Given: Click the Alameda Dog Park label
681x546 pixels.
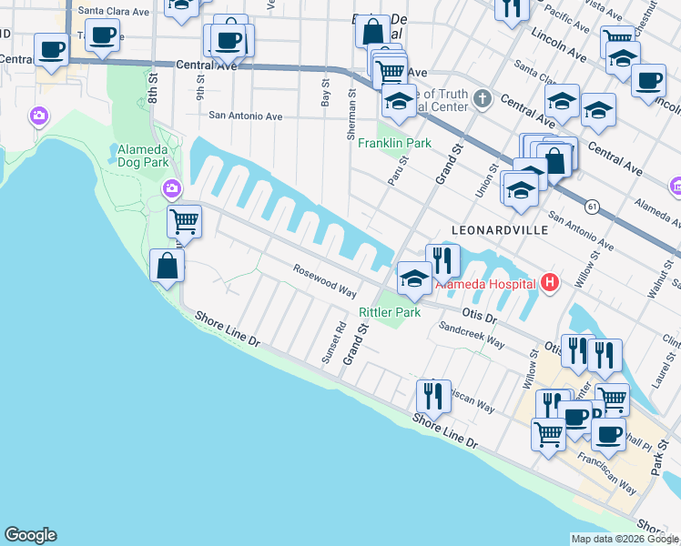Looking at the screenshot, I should click(143, 156).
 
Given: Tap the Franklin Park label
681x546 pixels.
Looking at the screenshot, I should click(394, 144).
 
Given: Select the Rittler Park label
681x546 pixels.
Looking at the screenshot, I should click(390, 312).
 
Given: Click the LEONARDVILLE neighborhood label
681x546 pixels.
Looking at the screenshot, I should click(503, 230).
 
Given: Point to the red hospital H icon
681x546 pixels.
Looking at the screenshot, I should click(549, 283).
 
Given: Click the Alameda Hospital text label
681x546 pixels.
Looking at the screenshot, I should click(486, 283).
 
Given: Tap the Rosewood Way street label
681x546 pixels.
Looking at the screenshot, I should click(324, 280).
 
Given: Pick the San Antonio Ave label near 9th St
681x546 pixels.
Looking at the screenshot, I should click(246, 116).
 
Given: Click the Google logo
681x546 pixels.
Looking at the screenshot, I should click(30, 535).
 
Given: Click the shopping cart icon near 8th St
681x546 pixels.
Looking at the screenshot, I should click(185, 220).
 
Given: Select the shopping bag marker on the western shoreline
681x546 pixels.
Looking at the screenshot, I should click(168, 266).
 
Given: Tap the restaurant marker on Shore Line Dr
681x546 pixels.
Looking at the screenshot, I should click(433, 396).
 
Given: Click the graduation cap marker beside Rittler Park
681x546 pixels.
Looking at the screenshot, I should click(414, 278).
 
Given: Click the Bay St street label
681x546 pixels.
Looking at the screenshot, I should click(325, 92).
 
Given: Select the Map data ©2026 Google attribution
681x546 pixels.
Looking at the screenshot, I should click(625, 539).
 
